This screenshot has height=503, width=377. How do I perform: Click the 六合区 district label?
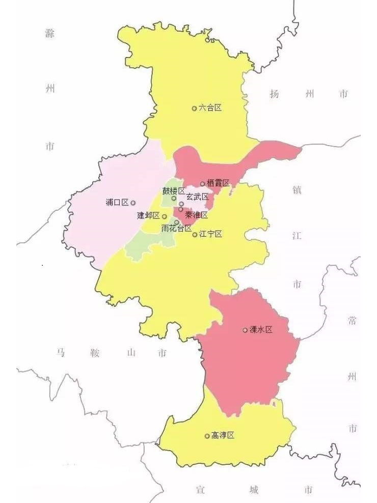[210, 108]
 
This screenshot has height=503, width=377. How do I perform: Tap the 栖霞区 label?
[219, 183]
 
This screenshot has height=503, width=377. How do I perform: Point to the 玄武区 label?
[197, 197]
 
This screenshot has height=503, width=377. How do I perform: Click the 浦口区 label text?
[117, 203]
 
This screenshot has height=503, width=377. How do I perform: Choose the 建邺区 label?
[148, 215]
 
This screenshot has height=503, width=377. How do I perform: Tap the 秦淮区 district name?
[197, 215]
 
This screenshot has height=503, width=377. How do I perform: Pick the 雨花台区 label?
[176, 228]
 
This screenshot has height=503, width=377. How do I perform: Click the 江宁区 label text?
[211, 234]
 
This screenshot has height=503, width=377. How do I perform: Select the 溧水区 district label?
[261, 330]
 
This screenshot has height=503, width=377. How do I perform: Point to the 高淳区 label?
[223, 436]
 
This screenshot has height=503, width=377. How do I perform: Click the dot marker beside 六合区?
[194, 108]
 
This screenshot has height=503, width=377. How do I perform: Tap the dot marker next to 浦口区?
[133, 203]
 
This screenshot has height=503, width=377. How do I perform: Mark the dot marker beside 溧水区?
[245, 330]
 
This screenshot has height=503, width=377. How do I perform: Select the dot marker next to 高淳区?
[207, 436]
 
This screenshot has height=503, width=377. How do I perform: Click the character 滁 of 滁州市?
[49, 34]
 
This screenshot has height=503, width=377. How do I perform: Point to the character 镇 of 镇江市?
[297, 189]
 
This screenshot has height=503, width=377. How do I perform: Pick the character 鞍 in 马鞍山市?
[95, 352]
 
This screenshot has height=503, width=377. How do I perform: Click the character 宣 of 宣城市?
[201, 490]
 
